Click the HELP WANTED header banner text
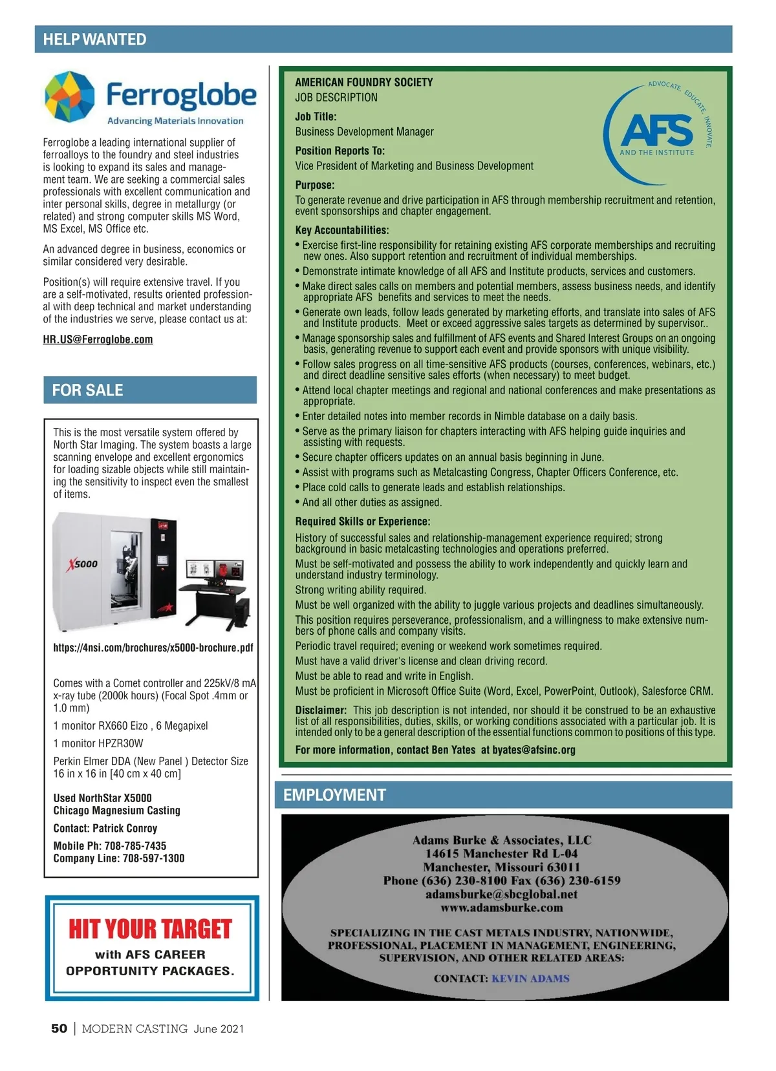pyautogui.click(x=94, y=39)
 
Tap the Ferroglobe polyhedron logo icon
pyautogui.click(x=70, y=97)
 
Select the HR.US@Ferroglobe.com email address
pyautogui.click(x=98, y=339)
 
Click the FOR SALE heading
pyautogui.click(x=87, y=390)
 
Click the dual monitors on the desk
pyautogui.click(x=215, y=570)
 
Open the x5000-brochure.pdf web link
pyautogui.click(x=153, y=648)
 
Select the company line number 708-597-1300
pyautogui.click(x=153, y=858)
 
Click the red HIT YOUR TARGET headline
pyautogui.click(x=150, y=929)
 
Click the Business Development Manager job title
pyautogui.click(x=364, y=132)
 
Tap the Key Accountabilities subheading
pyautogui.click(x=342, y=230)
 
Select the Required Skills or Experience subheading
pyautogui.click(x=363, y=522)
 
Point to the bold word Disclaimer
pyautogui.click(x=321, y=710)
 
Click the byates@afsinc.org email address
pyautogui.click(x=533, y=750)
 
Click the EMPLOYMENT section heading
pyautogui.click(x=334, y=795)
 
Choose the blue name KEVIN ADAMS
pyautogui.click(x=530, y=979)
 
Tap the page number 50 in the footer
pyautogui.click(x=59, y=1028)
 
